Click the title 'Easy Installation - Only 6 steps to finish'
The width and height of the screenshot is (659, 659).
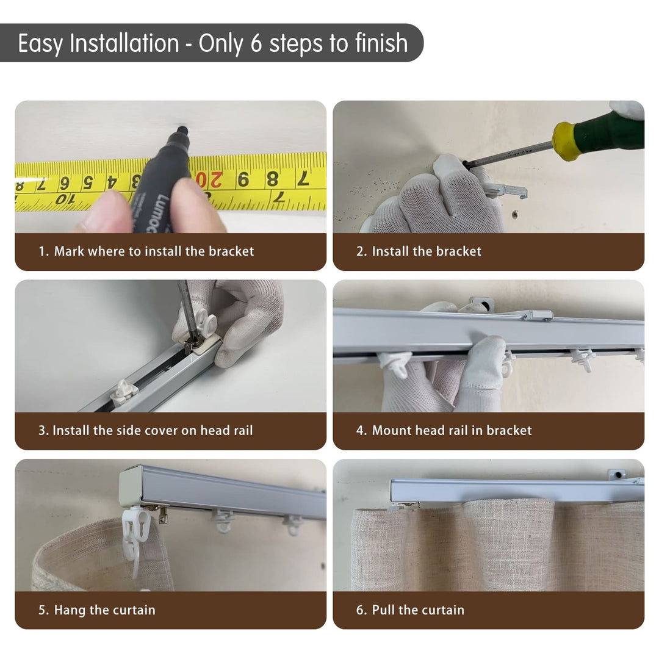click(213, 43)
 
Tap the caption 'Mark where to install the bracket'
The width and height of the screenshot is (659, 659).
click(154, 251)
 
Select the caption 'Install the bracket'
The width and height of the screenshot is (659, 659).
click(427, 251)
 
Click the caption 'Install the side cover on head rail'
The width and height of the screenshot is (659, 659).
click(153, 430)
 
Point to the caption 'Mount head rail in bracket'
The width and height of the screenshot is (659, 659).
click(452, 430)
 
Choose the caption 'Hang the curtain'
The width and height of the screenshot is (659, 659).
click(105, 610)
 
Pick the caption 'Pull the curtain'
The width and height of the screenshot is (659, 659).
click(418, 610)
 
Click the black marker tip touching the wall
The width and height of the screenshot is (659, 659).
click(182, 129)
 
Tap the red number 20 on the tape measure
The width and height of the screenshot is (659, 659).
click(209, 180)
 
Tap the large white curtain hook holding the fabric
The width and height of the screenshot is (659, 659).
click(135, 540)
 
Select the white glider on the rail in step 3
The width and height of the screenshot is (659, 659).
click(124, 392)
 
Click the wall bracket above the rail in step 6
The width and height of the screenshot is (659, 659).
click(619, 475)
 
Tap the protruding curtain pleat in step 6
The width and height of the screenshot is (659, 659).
click(510, 542)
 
